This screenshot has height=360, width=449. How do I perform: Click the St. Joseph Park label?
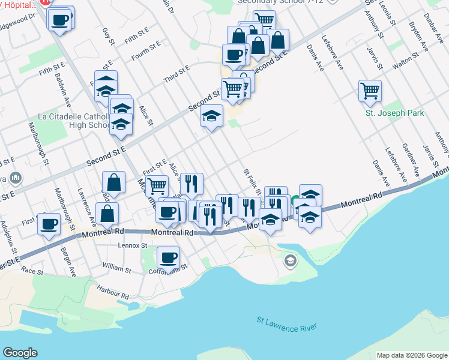tap(395, 113)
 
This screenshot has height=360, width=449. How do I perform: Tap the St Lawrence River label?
tap(286, 324)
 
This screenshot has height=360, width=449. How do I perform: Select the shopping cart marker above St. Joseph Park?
tap(370, 91)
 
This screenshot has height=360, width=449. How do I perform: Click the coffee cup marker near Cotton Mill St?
tap(168, 258)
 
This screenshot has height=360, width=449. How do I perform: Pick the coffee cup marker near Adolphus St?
tap(48, 224)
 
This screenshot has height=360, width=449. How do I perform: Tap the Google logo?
tap(20, 353)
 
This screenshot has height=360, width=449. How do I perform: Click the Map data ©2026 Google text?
tap(411, 355)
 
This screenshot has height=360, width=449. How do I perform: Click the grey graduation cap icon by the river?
tap(290, 260)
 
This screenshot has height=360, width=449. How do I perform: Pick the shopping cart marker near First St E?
tap(156, 186)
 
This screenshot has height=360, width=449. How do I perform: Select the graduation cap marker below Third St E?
tap(211, 116)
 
